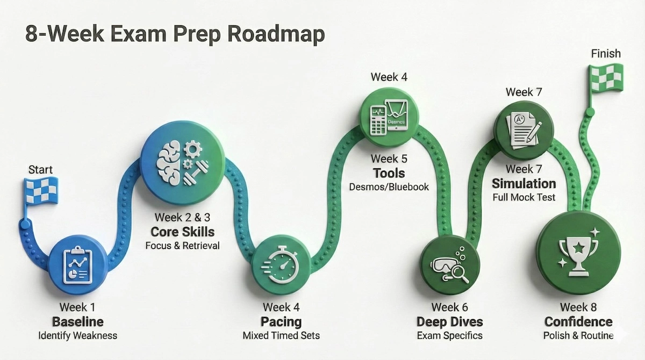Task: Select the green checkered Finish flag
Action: pyautogui.click(x=605, y=78)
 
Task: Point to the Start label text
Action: pyautogui.click(x=40, y=170)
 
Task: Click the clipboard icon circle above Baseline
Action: pyautogui.click(x=74, y=263)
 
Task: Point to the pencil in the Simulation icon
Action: pyautogui.click(x=533, y=131)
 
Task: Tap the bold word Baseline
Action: pyautogui.click(x=77, y=322)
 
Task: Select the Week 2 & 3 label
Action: pyautogui.click(x=182, y=218)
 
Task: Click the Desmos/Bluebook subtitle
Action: pyautogui.click(x=389, y=187)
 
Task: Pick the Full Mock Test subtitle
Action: pyautogui.click(x=524, y=197)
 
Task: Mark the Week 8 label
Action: pyautogui.click(x=578, y=307)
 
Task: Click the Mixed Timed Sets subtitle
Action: pyautogui.click(x=281, y=336)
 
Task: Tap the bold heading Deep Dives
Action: pyautogui.click(x=449, y=322)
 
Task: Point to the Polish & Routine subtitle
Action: pyautogui.click(x=578, y=336)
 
